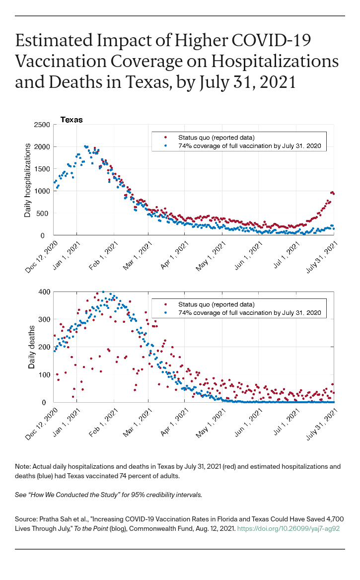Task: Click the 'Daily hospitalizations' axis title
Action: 29,180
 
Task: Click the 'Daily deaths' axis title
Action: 31,347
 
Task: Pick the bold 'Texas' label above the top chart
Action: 72,120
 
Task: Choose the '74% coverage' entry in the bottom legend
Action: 242,313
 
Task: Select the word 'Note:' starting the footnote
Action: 22,466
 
